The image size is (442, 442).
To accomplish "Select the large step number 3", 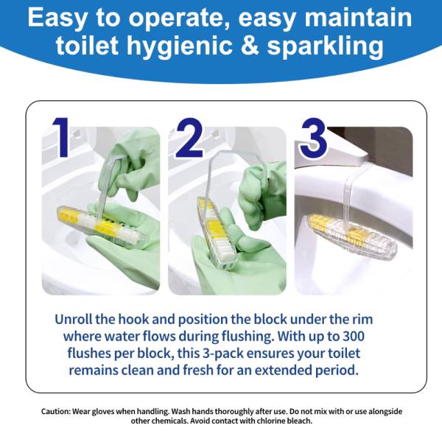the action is pos(314,138).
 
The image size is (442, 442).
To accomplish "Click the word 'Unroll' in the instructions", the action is pos(73,319).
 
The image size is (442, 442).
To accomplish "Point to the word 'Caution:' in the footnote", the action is pos(55,411).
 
